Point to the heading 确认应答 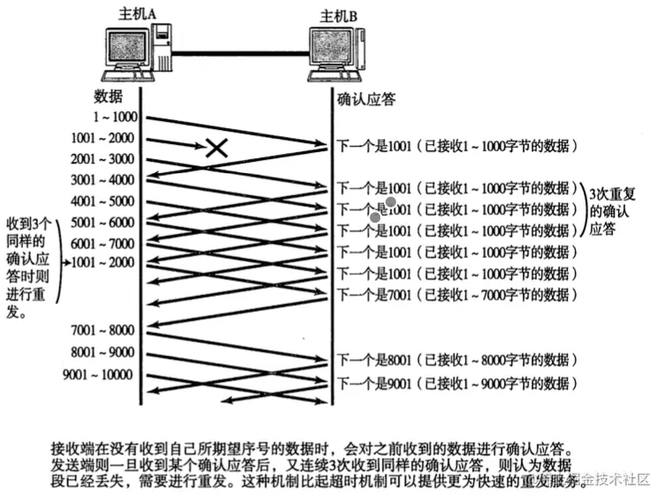pyautogui.click(x=365, y=99)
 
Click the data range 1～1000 pyautogui.click(x=112, y=118)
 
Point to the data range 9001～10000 pyautogui.click(x=99, y=375)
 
